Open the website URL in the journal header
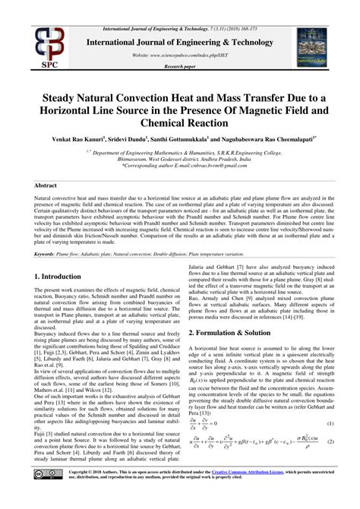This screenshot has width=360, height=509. (x=179, y=55)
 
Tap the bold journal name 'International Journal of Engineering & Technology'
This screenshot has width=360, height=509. (x=179, y=43)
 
